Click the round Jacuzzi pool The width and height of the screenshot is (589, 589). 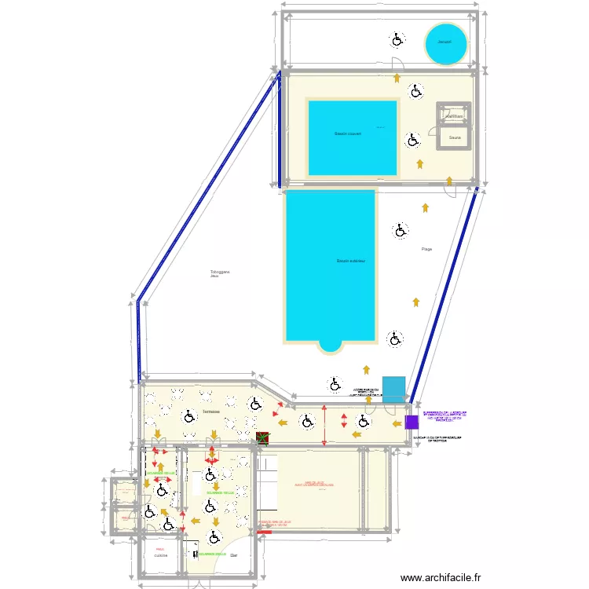point(446,44)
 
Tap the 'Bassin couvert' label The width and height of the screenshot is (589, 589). point(347,134)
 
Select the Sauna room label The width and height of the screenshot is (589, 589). point(455,137)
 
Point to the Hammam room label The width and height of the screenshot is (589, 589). point(454,116)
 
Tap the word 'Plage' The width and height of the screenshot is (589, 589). point(426,250)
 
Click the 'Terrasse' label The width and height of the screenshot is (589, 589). point(210,411)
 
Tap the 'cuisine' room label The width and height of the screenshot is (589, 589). point(160,555)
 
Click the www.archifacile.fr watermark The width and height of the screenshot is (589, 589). point(441,577)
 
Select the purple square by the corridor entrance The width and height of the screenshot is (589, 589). point(412,422)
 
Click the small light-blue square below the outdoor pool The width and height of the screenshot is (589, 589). point(393,388)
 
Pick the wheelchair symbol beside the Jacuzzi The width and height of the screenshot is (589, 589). point(397,38)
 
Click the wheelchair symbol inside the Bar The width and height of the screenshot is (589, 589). point(214,537)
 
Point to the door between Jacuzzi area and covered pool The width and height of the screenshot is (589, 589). point(397,67)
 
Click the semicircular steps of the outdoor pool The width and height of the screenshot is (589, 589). point(330,346)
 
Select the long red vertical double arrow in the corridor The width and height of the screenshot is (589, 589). point(325,425)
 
